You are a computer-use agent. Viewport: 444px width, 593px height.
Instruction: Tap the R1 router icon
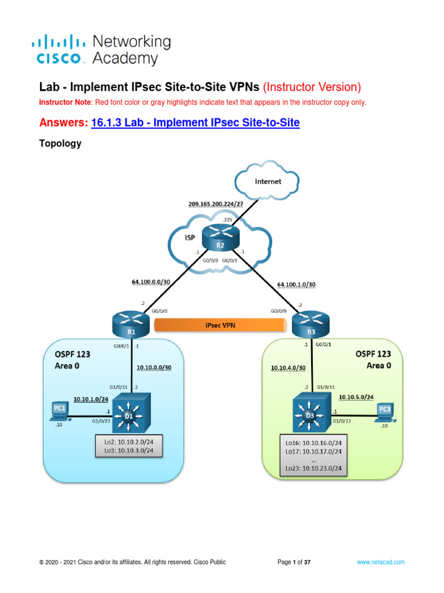click(132, 323)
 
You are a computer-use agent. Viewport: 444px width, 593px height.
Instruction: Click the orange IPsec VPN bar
click(220, 325)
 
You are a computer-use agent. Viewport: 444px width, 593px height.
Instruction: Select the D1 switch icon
click(131, 412)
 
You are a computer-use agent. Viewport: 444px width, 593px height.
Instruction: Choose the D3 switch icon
click(310, 412)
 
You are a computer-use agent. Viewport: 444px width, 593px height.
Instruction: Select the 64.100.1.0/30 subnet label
click(297, 284)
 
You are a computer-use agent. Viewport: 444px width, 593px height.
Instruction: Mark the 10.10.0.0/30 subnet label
click(154, 367)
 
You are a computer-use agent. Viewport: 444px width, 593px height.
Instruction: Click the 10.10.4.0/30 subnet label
click(287, 367)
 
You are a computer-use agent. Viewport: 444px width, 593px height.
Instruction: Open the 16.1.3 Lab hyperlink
click(195, 123)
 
